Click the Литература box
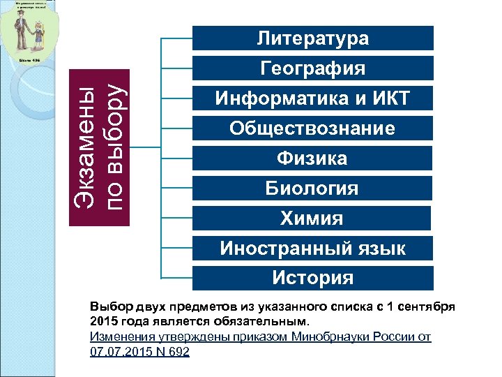pos(312,38)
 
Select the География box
pos(312,68)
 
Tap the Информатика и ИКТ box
pos(312,98)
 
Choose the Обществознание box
pos(312,128)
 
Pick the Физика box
pos(312,158)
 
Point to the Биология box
pos(312,188)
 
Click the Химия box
pos(312,219)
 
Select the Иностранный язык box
pos(312,249)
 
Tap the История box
pos(312,279)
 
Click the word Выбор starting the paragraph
pos(108,307)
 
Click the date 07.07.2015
pos(121,351)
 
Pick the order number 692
pos(179,351)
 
